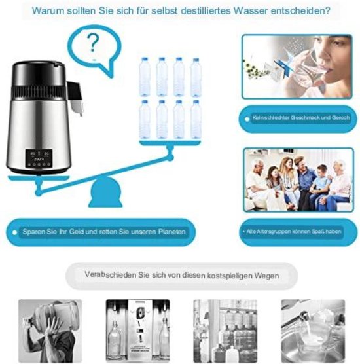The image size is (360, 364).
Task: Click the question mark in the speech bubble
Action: (93, 43)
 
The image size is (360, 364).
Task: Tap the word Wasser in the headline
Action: (250, 10)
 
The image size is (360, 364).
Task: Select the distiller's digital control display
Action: (39, 158)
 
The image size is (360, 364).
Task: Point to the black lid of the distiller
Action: (39, 73)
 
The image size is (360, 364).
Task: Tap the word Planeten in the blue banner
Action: (172, 232)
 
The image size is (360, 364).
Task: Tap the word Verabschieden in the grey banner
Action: (110, 274)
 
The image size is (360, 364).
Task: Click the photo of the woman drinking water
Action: (297, 67)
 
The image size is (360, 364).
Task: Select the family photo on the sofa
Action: (298, 180)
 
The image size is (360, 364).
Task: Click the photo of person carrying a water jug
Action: (50, 331)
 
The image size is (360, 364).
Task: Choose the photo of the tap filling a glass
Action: (313, 331)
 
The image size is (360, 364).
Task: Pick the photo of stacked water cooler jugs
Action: (225, 331)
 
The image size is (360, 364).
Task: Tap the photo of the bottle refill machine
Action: (138, 330)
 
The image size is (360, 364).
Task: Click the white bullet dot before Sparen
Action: (14, 232)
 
